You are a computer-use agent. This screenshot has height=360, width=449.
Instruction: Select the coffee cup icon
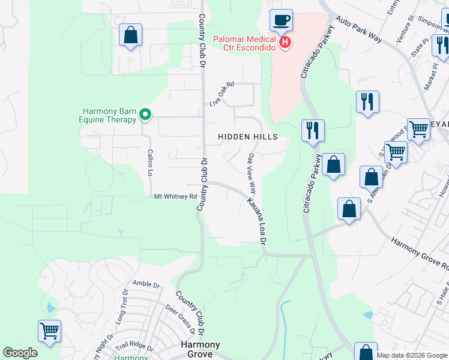[x=281, y=20]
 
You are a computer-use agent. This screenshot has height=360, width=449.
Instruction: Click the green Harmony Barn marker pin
[x=145, y=113]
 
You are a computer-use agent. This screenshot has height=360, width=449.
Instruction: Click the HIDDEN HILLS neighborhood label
[x=247, y=137]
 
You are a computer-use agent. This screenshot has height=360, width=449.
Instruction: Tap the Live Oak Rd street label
[x=221, y=94]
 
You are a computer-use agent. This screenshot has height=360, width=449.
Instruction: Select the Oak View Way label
[x=252, y=173]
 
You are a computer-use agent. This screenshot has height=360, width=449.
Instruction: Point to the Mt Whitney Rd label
[x=175, y=196]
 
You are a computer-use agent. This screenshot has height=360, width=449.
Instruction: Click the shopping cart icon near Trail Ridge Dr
[x=49, y=330]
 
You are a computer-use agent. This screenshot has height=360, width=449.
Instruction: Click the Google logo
[x=20, y=353]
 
